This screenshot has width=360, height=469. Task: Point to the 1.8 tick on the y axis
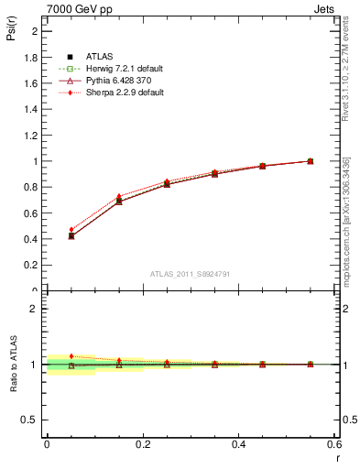[x=32, y=57]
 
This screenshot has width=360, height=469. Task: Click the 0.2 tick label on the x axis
[x=143, y=443]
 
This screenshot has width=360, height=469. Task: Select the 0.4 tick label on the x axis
[x=239, y=443]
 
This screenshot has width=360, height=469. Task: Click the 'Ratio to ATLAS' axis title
[x=12, y=364]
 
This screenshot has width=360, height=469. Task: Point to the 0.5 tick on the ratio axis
[x=32, y=420]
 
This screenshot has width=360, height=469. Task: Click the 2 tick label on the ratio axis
[x=36, y=309]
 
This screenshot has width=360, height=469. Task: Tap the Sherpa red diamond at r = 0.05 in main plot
[x=71, y=230]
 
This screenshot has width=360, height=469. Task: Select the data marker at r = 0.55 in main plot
[x=311, y=161]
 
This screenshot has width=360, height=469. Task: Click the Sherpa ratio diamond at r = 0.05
[x=71, y=356]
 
